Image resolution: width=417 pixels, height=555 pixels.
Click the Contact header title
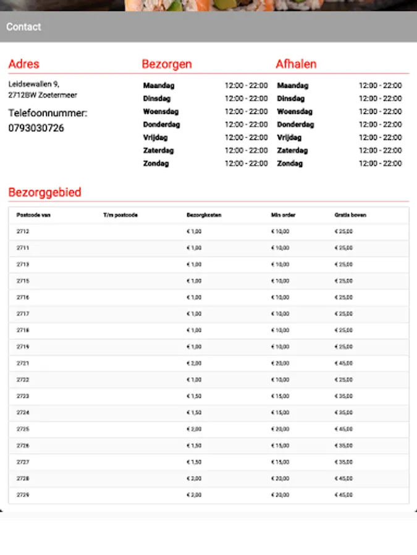23,27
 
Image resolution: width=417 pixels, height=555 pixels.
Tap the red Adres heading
23,64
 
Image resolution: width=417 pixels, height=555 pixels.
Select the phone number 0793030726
36,128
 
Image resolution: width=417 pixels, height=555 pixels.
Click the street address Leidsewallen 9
34,84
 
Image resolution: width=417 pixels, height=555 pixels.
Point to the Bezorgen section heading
167,64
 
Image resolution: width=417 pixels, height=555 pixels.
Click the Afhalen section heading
296,64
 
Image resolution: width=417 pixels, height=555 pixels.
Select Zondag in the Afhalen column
290,163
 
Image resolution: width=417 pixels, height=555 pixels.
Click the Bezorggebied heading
44,192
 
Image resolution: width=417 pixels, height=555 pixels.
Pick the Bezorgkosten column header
204,215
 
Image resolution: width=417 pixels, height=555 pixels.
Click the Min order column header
284,215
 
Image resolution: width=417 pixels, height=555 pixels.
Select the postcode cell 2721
23,363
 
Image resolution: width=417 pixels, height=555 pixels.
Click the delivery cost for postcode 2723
194,396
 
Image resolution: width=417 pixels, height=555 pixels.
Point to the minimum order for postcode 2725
280,429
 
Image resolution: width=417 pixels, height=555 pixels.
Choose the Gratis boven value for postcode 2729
343,495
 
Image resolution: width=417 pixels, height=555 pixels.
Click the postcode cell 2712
23,231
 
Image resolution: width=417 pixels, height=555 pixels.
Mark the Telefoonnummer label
48,113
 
